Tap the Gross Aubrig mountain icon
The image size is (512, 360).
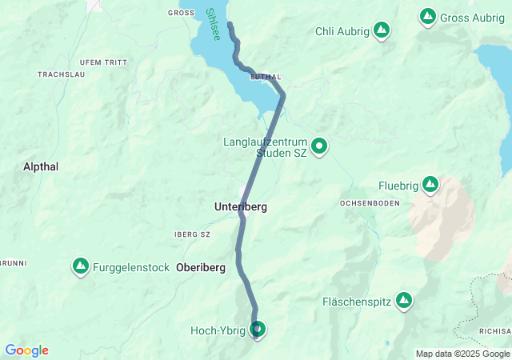428,16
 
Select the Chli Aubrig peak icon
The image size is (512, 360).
382,31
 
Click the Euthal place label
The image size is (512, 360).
266,77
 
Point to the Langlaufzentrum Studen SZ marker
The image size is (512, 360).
319,146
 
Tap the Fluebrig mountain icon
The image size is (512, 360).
430,186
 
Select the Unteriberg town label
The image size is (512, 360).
240,207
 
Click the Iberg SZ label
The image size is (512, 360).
191,234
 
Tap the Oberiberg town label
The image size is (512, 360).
202,267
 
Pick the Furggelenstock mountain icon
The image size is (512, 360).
81,266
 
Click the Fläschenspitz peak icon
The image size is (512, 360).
404,301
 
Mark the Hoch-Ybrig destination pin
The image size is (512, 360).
258,329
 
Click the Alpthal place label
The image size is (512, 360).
42,166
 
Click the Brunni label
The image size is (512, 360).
12,262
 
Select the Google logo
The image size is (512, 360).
26,350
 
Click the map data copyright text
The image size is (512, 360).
462,354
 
